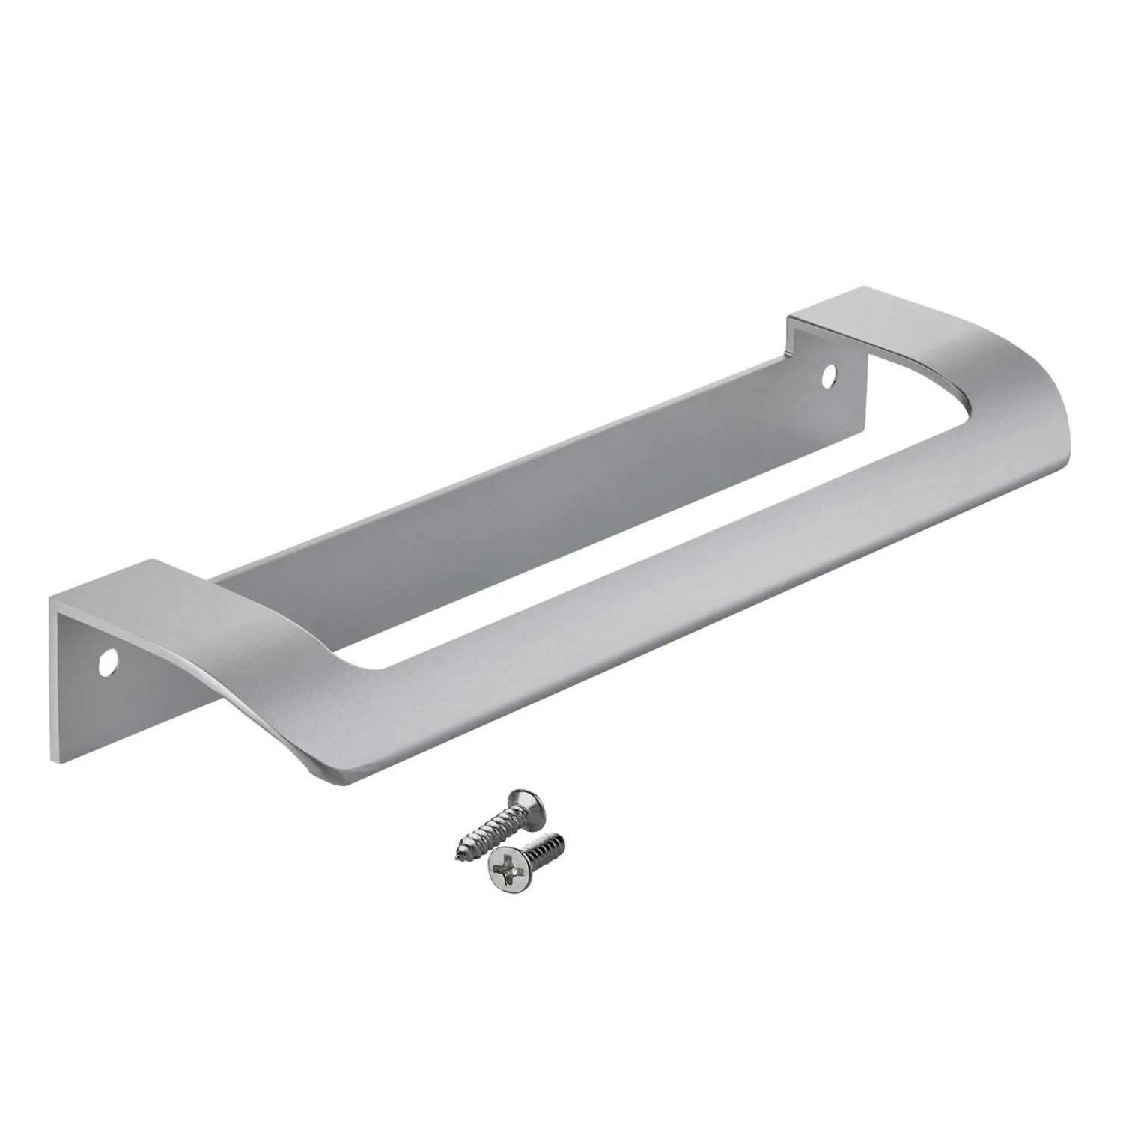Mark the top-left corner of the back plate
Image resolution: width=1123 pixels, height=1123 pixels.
52,599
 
